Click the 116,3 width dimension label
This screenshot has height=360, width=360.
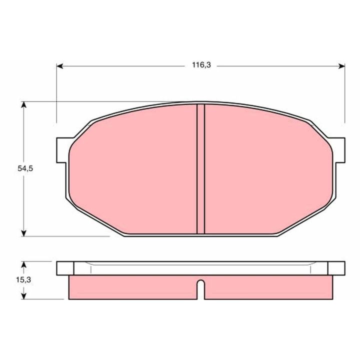click(201, 65)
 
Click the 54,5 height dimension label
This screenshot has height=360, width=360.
click(25, 168)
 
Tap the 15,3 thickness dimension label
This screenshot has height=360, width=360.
click(23, 280)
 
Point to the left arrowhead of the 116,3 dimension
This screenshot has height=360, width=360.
click(59, 66)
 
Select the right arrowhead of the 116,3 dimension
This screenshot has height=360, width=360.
click(341, 66)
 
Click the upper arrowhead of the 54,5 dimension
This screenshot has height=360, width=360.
click(23, 104)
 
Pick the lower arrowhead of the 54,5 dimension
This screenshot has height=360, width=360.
click(23, 233)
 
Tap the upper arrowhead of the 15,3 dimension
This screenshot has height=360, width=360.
click(23, 264)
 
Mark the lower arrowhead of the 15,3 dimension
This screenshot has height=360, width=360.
click(23, 296)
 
